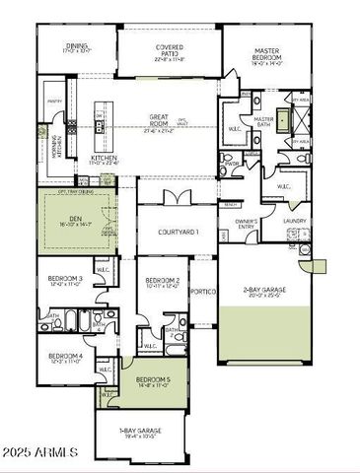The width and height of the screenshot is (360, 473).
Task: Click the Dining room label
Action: point(77,45)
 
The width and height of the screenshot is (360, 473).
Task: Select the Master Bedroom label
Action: point(266,51)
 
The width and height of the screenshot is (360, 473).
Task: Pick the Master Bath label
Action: point(263,123)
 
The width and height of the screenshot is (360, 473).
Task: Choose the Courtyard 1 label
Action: point(178,232)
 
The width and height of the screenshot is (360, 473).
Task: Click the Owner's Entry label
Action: point(247,224)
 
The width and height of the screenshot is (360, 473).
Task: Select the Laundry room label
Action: point(294,221)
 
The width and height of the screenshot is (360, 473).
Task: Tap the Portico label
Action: point(203,291)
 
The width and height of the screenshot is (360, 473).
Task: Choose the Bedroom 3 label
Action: point(66,282)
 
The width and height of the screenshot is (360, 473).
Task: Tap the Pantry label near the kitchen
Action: point(53,99)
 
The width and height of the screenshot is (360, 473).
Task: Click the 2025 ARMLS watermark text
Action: point(40,452)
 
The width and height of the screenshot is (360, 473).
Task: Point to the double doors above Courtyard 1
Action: point(177,199)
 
